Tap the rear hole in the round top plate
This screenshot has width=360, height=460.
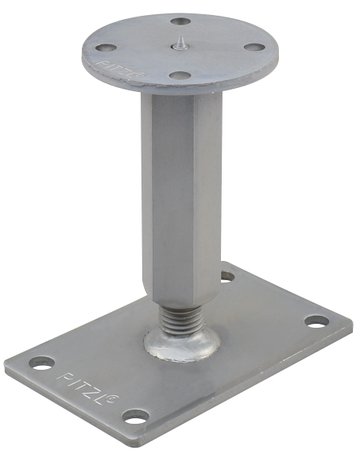[180, 20]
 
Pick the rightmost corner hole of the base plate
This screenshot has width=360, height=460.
[316, 322]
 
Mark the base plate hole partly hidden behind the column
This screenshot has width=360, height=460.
[228, 277]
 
